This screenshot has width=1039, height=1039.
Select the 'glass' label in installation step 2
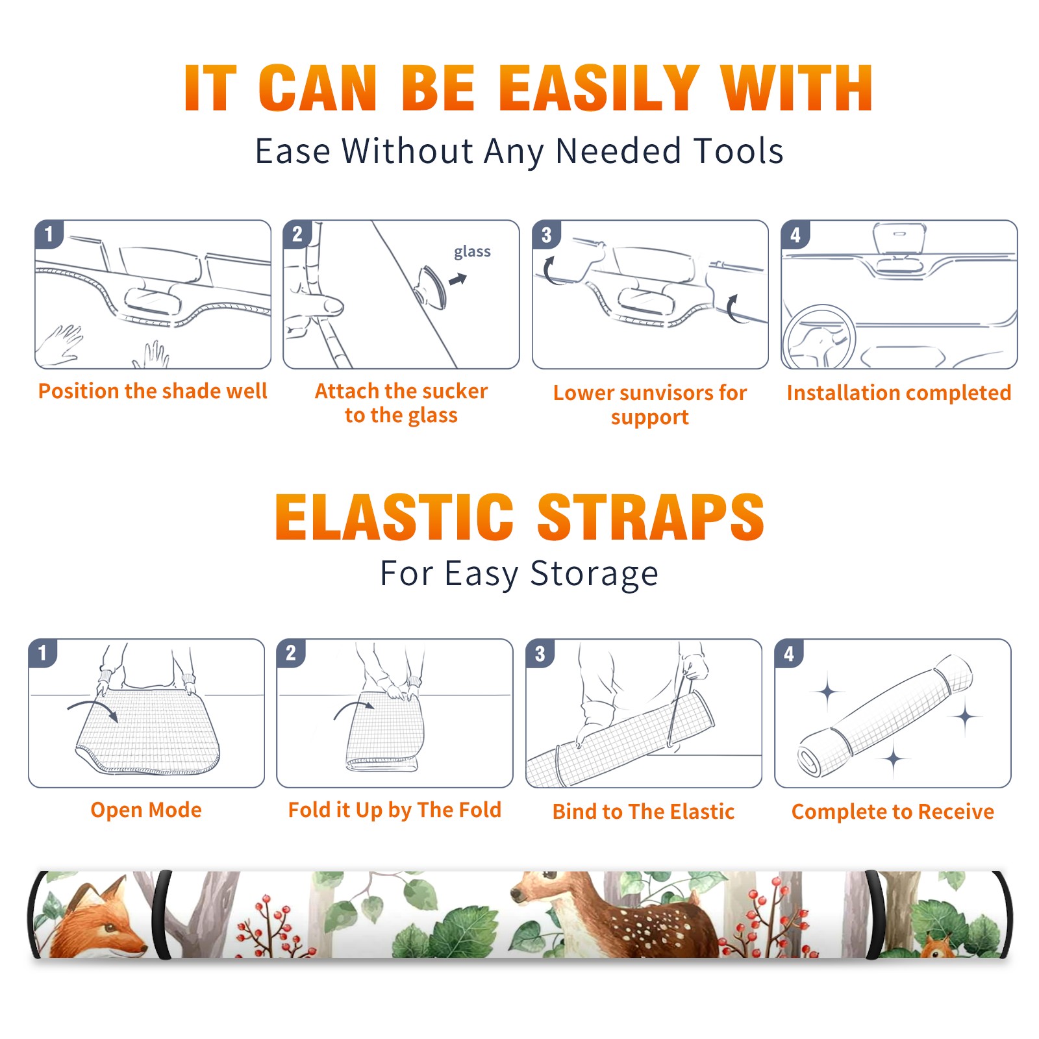point(472,252)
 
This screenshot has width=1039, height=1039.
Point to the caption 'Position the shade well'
point(153,391)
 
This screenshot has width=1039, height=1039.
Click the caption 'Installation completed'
point(899,392)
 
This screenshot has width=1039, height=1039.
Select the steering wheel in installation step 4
point(819,337)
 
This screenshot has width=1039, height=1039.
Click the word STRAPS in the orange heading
point(651,517)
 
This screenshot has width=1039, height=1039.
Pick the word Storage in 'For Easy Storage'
point(594,574)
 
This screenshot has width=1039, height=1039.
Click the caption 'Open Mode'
point(146,810)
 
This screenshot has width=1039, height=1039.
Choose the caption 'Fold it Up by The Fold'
point(395,810)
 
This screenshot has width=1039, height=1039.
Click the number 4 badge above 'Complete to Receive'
point(789,653)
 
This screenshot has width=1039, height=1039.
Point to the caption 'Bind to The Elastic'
point(644,812)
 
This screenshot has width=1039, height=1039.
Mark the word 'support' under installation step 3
point(649,417)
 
